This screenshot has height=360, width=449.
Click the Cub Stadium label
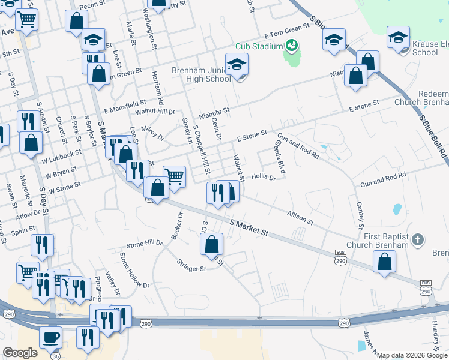click(x=259, y=46)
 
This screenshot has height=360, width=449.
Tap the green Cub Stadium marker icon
click(x=291, y=45)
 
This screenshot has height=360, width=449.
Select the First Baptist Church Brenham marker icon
click(x=419, y=241)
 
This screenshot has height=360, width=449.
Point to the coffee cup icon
click(x=50, y=336)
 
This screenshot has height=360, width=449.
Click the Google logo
click(x=20, y=353)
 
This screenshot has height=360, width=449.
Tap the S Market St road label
click(x=249, y=227)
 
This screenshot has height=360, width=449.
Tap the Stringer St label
click(x=191, y=265)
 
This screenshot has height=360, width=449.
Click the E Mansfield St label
click(x=125, y=107)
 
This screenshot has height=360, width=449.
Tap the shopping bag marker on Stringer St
click(x=211, y=244)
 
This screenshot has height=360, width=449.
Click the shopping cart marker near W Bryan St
click(x=174, y=176)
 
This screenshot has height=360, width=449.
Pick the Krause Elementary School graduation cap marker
click(x=398, y=37)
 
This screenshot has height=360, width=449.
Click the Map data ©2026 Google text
click(x=411, y=355)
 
